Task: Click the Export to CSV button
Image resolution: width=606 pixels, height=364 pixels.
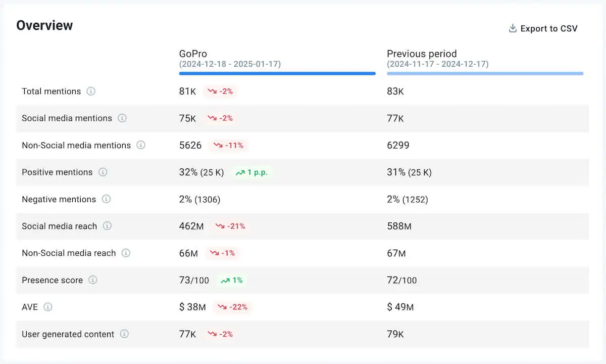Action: pyautogui.click(x=543, y=29)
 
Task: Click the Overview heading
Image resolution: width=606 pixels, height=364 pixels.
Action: pyautogui.click(x=44, y=25)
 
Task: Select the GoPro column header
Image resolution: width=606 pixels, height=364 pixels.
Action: pyautogui.click(x=193, y=54)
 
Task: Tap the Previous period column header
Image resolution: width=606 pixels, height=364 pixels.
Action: pyautogui.click(x=422, y=54)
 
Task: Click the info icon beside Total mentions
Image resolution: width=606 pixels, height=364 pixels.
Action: pyautogui.click(x=91, y=92)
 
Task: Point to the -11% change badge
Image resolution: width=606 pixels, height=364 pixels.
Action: pyautogui.click(x=229, y=146)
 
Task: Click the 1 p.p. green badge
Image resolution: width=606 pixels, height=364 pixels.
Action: pyautogui.click(x=251, y=172)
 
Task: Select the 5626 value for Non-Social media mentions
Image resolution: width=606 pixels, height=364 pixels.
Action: pyautogui.click(x=190, y=146)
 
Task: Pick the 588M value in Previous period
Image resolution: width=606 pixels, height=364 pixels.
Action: pyautogui.click(x=399, y=226)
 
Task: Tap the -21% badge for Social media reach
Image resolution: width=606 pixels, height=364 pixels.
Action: pyautogui.click(x=230, y=226)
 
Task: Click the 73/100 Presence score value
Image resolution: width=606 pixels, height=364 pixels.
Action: pyautogui.click(x=194, y=280)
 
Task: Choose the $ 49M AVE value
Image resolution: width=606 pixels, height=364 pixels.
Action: pyautogui.click(x=400, y=307)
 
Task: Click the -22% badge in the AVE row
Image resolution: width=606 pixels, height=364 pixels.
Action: pyautogui.click(x=232, y=307)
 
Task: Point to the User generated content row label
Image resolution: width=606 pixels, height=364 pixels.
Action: pyautogui.click(x=68, y=334)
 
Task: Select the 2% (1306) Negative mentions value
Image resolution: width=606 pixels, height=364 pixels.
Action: pyautogui.click(x=199, y=199)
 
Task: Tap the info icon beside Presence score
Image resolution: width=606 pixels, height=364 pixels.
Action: pyautogui.click(x=93, y=280)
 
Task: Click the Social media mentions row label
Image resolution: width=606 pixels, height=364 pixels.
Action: pyautogui.click(x=67, y=118)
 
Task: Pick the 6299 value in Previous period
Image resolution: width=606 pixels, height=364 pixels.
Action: pyautogui.click(x=398, y=146)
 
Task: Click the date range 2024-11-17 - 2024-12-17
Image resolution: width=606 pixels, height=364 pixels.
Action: pyautogui.click(x=437, y=64)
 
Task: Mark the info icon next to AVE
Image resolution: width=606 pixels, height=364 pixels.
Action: pyautogui.click(x=48, y=307)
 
